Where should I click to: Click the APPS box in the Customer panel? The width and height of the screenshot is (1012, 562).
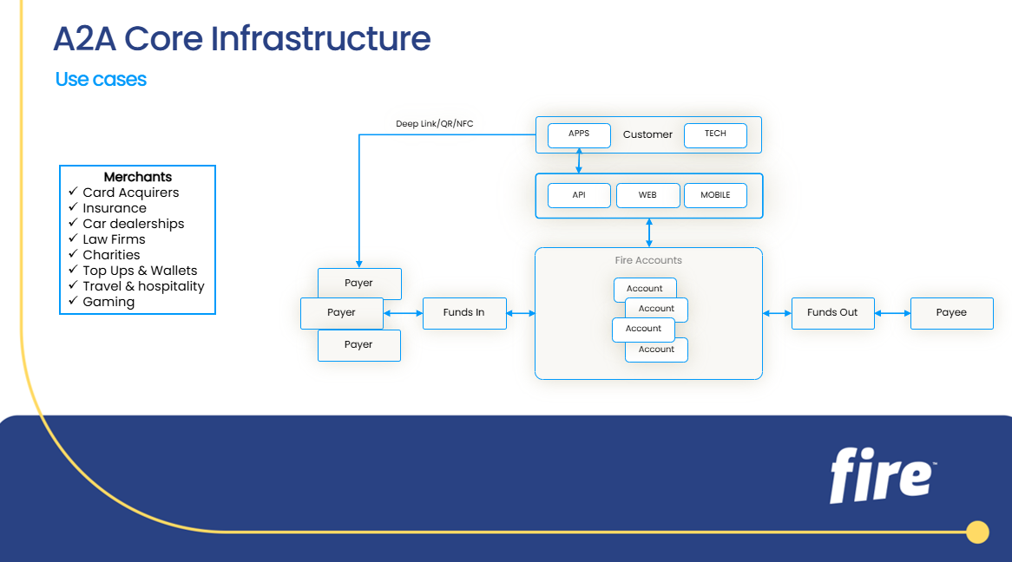(579, 134)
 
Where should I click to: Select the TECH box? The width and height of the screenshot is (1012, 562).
(715, 134)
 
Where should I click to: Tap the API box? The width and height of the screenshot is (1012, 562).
(579, 195)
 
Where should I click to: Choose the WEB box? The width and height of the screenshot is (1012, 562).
(647, 195)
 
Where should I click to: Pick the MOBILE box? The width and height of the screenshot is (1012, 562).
(715, 195)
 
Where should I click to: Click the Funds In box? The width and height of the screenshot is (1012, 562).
(464, 312)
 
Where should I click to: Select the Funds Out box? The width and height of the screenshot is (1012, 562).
(832, 312)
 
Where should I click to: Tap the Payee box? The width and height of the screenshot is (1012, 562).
(951, 312)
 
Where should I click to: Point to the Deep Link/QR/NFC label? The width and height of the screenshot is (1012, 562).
(435, 124)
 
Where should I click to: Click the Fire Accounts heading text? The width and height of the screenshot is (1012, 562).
(648, 260)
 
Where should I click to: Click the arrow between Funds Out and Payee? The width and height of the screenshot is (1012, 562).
(892, 313)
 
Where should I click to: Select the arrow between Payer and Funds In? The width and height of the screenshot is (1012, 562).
(403, 313)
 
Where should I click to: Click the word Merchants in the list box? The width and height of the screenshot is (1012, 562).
(138, 177)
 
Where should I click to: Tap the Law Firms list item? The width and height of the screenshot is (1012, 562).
(114, 239)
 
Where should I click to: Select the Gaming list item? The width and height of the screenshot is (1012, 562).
(108, 302)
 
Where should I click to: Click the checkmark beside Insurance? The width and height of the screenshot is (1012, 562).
(74, 207)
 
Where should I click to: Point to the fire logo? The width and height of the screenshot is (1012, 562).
(882, 475)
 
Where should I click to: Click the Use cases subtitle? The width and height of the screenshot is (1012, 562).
(101, 80)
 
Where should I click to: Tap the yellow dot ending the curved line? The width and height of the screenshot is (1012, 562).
(977, 532)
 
